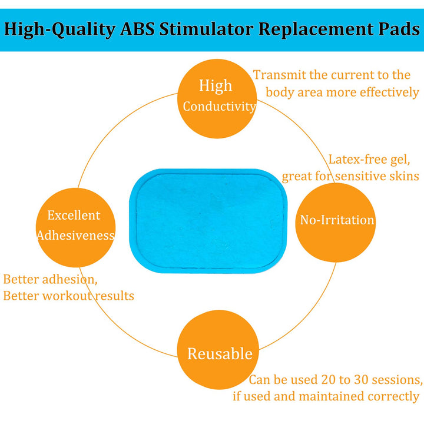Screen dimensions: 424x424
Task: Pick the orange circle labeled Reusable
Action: pos(219,353)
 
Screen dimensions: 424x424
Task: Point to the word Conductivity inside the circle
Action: pos(219,107)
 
